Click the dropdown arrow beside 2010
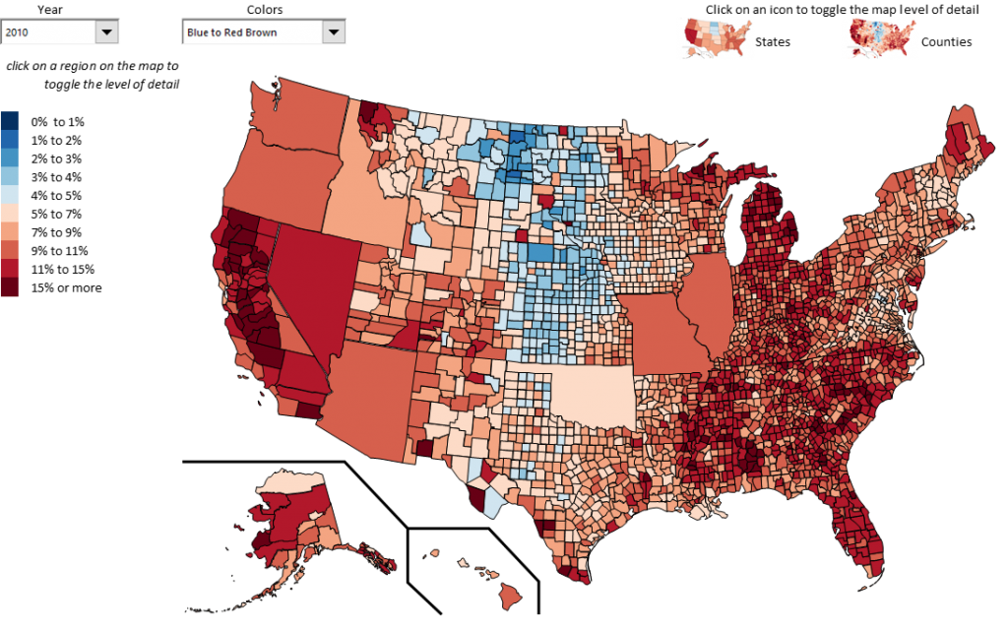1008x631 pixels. (106, 32)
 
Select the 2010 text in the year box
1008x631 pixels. (17, 32)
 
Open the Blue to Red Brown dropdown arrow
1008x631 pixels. (335, 32)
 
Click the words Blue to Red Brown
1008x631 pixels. (231, 32)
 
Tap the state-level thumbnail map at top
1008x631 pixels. (715, 38)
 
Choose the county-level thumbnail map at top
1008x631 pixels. (879, 38)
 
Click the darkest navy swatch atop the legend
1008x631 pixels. (9, 120)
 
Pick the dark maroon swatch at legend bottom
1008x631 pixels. (9, 286)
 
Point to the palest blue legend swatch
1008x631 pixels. (9, 195)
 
